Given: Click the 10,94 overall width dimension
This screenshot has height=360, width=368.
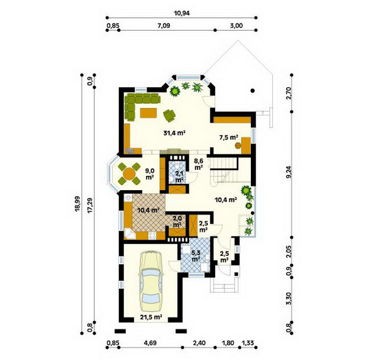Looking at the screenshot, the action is click(182, 13).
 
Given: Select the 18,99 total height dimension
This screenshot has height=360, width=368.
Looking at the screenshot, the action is click(78, 204).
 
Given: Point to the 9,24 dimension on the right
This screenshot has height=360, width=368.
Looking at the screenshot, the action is click(289, 172).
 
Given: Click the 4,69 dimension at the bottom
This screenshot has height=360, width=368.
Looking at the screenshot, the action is click(150, 343).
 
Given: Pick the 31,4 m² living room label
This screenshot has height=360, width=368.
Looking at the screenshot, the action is click(175, 133).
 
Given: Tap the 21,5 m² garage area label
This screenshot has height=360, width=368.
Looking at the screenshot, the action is click(151, 317).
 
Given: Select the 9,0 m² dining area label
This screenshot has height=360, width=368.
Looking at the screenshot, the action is click(150, 174).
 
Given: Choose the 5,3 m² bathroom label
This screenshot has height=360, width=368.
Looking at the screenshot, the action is click(196, 256).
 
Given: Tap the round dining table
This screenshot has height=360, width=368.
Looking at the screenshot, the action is click(129, 174).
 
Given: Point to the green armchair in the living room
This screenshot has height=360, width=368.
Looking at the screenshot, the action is click(169, 115).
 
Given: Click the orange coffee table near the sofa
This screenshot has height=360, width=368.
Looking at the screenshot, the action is click(148, 113).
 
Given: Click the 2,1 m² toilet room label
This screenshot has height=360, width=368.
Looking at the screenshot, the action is click(179, 177).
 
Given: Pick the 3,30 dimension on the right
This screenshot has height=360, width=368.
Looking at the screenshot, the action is click(289, 299).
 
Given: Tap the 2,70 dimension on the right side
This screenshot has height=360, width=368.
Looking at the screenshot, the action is click(289, 93).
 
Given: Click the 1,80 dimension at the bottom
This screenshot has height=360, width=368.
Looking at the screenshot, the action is click(228, 343).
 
